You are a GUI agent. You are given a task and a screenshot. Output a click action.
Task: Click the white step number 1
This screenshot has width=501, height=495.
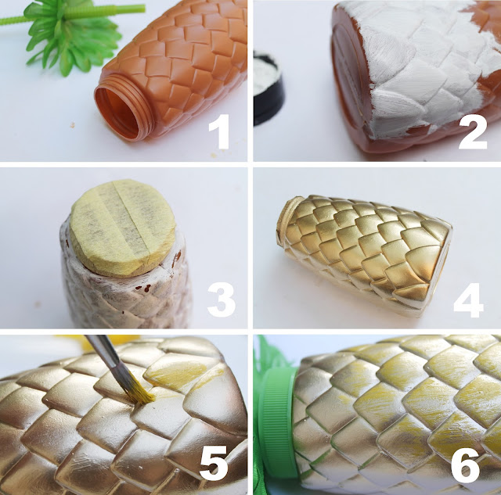click(x=219, y=131)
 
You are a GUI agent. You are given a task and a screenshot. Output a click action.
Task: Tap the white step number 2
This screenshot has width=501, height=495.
click(x=473, y=131)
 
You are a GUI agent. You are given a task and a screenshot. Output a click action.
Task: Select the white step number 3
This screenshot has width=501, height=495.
click(x=221, y=300)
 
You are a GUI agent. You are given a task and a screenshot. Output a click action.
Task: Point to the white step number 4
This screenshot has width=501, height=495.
click(x=468, y=300)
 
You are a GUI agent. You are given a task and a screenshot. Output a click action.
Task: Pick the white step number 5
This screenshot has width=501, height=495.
click(x=214, y=464)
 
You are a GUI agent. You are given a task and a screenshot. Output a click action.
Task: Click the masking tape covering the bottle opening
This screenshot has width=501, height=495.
click(x=124, y=227)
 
